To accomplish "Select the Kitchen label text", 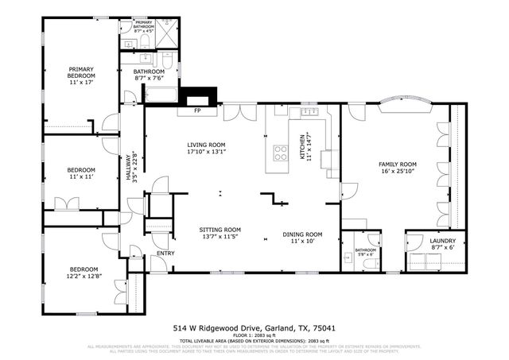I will (301, 145).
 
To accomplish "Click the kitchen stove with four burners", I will (281, 152).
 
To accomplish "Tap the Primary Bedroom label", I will (81, 75).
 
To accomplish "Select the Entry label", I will (165, 254).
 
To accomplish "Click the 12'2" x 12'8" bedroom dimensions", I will (83, 276).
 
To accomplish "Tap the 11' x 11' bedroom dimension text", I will (81, 177).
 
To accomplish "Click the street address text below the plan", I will (254, 327).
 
